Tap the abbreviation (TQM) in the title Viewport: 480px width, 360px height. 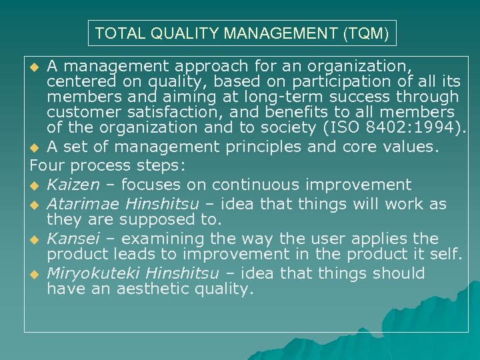(x=366, y=33)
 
